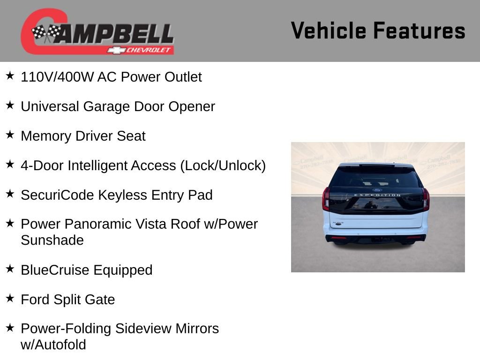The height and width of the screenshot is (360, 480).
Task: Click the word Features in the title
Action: pyautogui.click(x=419, y=31)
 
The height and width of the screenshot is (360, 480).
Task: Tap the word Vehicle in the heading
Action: pyautogui.click(x=329, y=31)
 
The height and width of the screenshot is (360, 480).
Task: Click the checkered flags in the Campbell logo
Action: pyautogui.click(x=46, y=33)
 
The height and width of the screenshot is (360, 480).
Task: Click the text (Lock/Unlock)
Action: pyautogui.click(x=223, y=165)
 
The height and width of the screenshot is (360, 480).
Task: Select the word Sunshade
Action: pyautogui.click(x=52, y=240)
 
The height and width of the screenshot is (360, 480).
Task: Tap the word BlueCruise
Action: pyautogui.click(x=55, y=270)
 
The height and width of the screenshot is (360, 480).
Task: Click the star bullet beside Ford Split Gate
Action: pyautogui.click(x=10, y=298)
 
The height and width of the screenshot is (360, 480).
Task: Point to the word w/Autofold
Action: pyautogui.click(x=53, y=345)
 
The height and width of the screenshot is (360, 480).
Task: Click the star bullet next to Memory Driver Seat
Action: pyautogui.click(x=10, y=135)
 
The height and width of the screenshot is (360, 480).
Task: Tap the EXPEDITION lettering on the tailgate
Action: pyautogui.click(x=377, y=195)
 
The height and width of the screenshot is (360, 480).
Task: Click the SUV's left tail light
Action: pyautogui.click(x=326, y=199)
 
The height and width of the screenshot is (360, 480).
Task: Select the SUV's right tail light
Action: pyautogui.click(x=426, y=199)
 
